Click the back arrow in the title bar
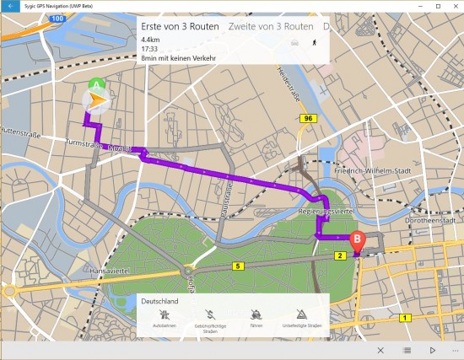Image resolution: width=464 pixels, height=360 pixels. click(9, 6)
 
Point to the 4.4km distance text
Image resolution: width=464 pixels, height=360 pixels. click(151, 40)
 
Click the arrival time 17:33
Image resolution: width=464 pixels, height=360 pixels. click(151, 49)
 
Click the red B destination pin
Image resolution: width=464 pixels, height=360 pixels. click(358, 240)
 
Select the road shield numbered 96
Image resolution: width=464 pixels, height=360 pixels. click(309, 119)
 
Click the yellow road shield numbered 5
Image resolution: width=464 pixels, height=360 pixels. click(238, 266)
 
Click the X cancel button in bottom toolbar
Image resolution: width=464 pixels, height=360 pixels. click(380, 350)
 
